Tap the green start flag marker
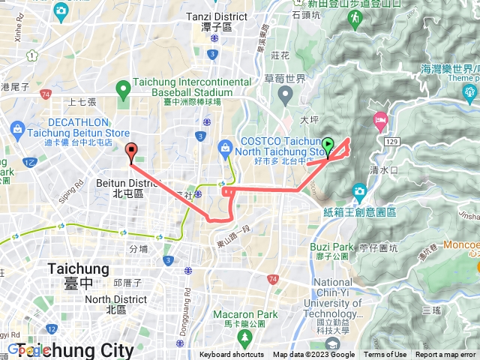pos(328,144)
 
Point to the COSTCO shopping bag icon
pos(223,146)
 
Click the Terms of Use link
pos(385,355)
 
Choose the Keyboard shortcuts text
pos(232,355)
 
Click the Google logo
pos(28,349)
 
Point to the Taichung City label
pos(91,349)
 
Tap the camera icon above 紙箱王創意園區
pos(359,192)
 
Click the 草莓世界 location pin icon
pos(286,95)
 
